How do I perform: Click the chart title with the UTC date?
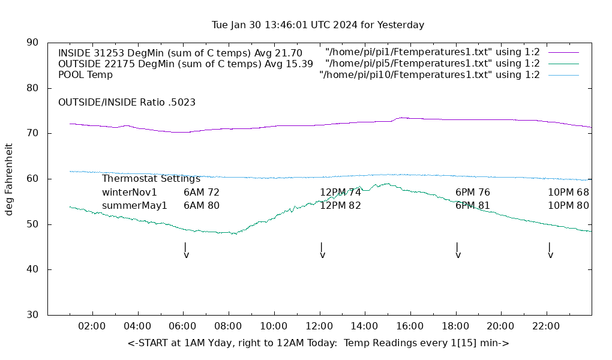click(x=318, y=25)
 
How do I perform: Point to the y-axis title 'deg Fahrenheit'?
click(x=9, y=179)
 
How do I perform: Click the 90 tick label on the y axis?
click(x=33, y=43)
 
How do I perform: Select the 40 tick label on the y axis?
click(x=33, y=269)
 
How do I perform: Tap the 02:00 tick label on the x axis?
click(x=92, y=326)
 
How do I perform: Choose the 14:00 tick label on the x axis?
click(x=364, y=326)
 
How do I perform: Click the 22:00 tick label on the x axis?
click(x=546, y=326)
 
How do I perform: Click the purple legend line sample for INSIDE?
click(x=563, y=53)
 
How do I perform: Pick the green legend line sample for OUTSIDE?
click(x=563, y=64)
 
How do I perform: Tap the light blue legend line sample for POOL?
click(x=563, y=75)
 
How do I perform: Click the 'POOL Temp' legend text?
click(x=85, y=75)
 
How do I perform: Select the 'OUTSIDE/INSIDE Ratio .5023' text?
click(x=127, y=103)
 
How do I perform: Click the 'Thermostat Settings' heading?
click(x=151, y=179)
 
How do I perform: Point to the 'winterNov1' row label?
click(x=130, y=193)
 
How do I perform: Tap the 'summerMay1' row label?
click(x=134, y=206)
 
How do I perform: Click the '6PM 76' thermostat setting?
click(x=473, y=193)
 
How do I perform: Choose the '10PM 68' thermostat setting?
click(x=568, y=193)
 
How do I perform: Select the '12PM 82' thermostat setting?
click(x=340, y=206)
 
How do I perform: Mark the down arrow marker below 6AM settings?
click(x=186, y=250)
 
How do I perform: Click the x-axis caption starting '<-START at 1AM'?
click(x=318, y=343)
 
